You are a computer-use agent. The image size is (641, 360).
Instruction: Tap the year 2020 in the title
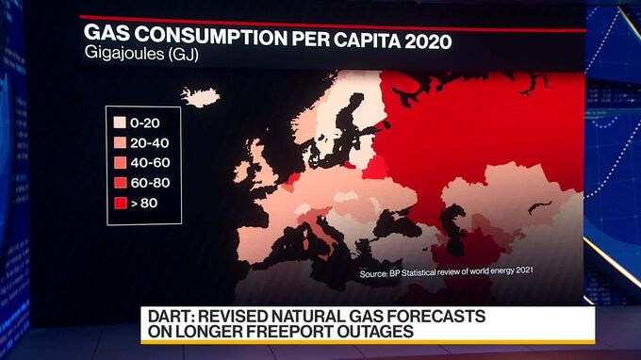[424, 42]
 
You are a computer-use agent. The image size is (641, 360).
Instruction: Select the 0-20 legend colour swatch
[120, 123]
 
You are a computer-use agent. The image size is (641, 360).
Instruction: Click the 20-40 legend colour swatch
[120, 142]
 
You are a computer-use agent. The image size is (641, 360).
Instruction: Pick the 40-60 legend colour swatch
[120, 162]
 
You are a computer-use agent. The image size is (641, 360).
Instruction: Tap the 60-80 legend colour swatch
[120, 182]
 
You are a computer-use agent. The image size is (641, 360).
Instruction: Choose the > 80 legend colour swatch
[120, 202]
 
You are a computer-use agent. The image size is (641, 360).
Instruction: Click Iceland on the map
[200, 96]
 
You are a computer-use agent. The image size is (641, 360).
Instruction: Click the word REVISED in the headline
[238, 316]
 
